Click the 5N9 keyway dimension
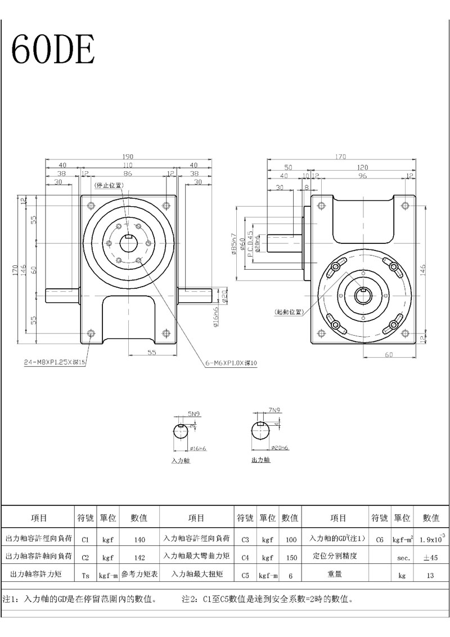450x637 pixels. [195, 414]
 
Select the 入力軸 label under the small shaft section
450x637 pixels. [181, 460]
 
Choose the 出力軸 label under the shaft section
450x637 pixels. [260, 460]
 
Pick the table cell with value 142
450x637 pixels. [140, 556]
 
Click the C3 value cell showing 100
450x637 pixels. [291, 540]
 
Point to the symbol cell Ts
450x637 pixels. [85, 575]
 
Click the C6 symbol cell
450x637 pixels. [380, 540]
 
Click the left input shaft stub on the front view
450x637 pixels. [62, 293]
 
